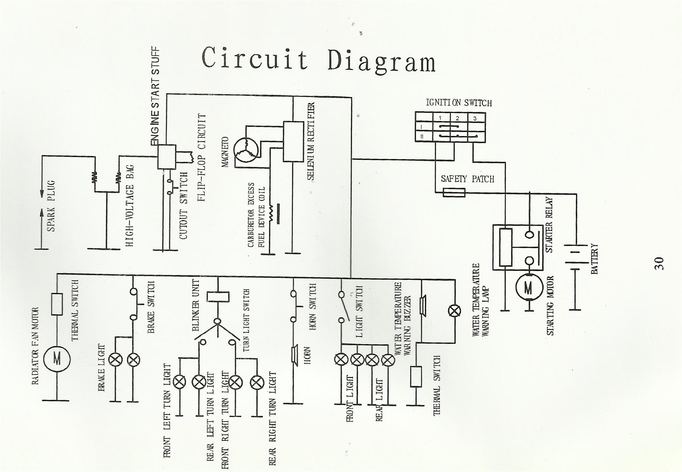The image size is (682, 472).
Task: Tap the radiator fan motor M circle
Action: pyautogui.click(x=57, y=359)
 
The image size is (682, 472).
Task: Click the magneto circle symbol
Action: pyautogui.click(x=247, y=150)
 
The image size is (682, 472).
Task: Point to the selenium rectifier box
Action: pyautogui.click(x=293, y=141)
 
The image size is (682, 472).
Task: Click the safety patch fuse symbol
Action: pyautogui.click(x=454, y=193)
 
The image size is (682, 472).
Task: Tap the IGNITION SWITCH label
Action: pyautogui.click(x=459, y=103)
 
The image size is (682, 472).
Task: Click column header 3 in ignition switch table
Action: pyautogui.click(x=475, y=118)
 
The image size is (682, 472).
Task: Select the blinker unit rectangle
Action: pyautogui.click(x=218, y=297)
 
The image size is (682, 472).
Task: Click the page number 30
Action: pyautogui.click(x=659, y=264)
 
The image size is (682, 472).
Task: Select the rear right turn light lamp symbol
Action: pyautogui.click(x=257, y=382)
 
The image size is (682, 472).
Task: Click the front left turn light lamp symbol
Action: pyautogui.click(x=179, y=382)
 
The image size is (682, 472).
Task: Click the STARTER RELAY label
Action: pyautogui.click(x=549, y=225)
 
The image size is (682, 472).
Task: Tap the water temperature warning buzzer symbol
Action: pyautogui.click(x=422, y=306)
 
